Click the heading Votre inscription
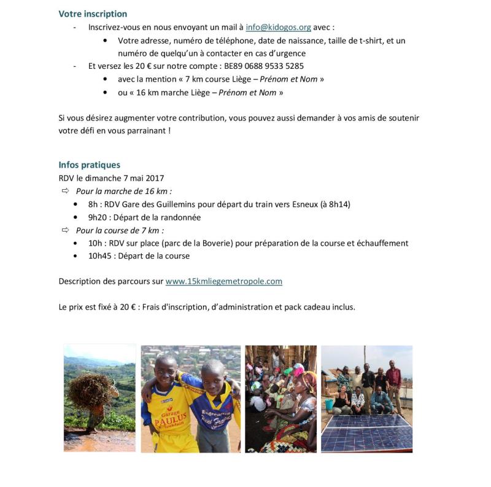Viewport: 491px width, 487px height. tap(93, 14)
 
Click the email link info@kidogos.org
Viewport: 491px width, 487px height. tap(278, 27)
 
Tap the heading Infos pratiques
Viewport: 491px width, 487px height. tap(89, 165)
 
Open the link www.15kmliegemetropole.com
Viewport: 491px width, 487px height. tap(223, 281)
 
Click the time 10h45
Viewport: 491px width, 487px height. tap(101, 255)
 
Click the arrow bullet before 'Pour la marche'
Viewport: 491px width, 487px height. tap(65, 191)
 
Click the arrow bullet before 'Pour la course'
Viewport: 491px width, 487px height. tap(65, 230)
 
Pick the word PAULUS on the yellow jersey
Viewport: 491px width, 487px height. tap(168, 423)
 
